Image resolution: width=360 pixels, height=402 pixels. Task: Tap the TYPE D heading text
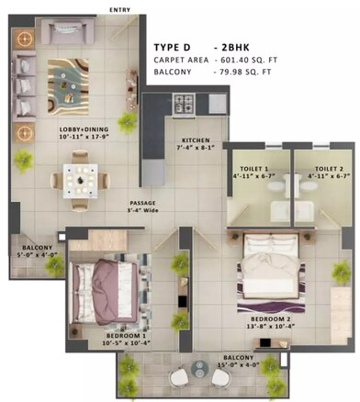177,45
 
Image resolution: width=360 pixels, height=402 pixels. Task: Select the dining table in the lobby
80,175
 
